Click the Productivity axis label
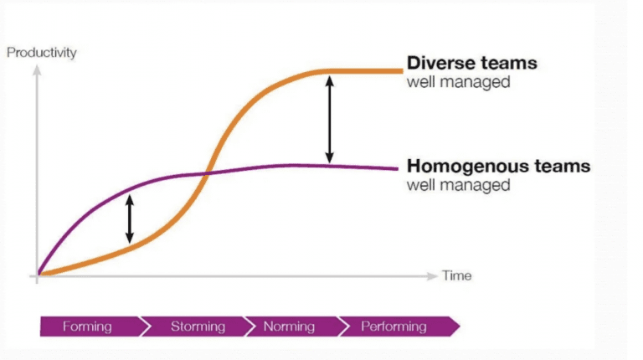coord(41,53)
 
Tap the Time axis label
coord(456,275)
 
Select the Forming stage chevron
coord(92,327)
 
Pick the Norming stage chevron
coord(292,327)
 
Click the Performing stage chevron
coord(399,327)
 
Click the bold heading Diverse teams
coord(471,63)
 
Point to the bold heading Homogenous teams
coord(498,166)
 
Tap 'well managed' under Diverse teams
coord(459,82)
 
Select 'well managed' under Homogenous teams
coord(459,185)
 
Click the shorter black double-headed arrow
coord(130,219)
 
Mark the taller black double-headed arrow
coord(329,120)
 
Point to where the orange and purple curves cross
coord(207,173)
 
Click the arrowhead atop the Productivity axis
coord(37,70)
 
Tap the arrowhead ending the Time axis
coord(432,276)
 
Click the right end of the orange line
coord(402,71)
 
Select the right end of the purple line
coord(397,168)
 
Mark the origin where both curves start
coord(39,274)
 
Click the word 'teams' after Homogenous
coord(562,166)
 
